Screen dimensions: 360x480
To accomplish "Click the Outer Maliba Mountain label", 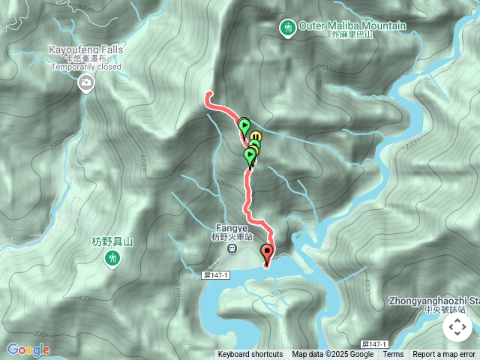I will [352, 25].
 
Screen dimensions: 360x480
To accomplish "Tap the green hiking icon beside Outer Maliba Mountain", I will [287, 28].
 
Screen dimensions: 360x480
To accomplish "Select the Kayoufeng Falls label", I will [85, 49].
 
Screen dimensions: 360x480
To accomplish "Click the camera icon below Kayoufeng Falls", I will [86, 82].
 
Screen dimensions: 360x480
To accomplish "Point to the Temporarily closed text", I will [85, 66].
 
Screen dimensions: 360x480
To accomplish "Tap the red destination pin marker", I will [267, 253].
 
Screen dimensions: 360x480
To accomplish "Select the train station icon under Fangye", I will [232, 248].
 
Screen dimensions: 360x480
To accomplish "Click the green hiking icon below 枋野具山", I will [112, 259].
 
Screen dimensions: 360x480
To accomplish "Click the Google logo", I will [28, 349].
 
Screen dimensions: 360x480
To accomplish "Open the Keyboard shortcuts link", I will [250, 355].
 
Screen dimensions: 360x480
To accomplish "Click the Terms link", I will [393, 355].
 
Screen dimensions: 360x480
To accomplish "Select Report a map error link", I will [444, 355].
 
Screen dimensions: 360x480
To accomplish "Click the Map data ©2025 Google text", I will [332, 355].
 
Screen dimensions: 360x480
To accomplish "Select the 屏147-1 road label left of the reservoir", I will [216, 275].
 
